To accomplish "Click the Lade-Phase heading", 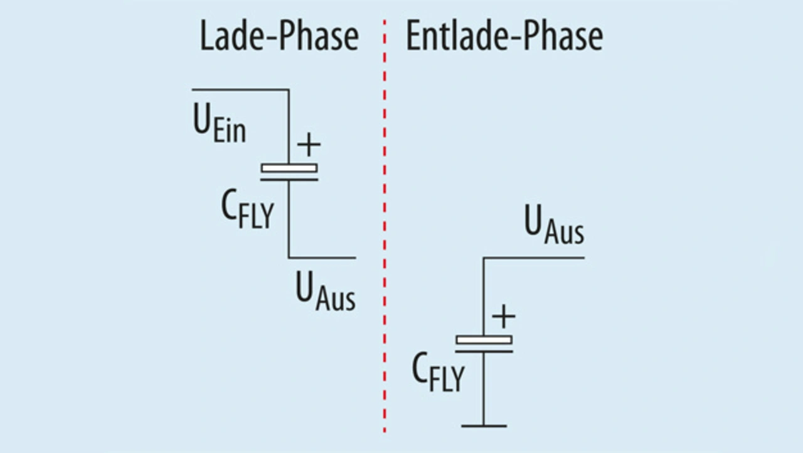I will tap(279, 38).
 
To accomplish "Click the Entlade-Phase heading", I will tap(504, 38).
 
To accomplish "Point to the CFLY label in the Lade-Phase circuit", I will tap(247, 210).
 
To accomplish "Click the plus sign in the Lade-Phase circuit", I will tap(308, 145).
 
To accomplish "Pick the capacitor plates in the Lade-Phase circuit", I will tap(289, 172).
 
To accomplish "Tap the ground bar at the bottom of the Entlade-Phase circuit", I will tap(484, 426).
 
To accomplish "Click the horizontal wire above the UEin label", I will tap(240, 90).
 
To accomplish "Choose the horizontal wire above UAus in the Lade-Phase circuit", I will tap(322, 258).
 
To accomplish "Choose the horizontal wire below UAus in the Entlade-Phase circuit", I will tap(534, 258).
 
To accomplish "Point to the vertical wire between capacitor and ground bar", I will tap(484, 390).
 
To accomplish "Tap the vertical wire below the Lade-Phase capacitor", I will tap(289, 220).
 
